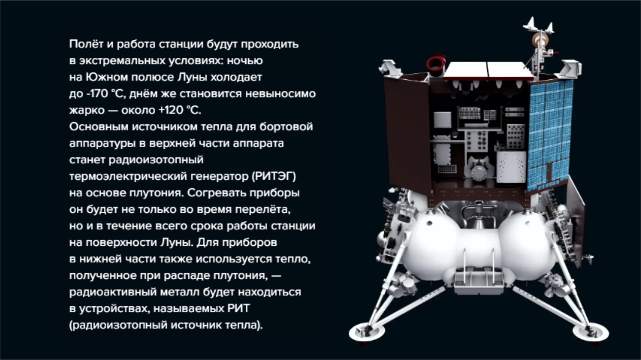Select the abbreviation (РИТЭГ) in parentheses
pyautogui.click(x=274, y=176)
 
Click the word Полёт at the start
pyautogui.click(x=86, y=44)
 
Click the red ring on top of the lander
pyautogui.click(x=436, y=63)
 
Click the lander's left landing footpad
pyautogui.click(x=364, y=332)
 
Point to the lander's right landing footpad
pyautogui.click(x=590, y=332)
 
